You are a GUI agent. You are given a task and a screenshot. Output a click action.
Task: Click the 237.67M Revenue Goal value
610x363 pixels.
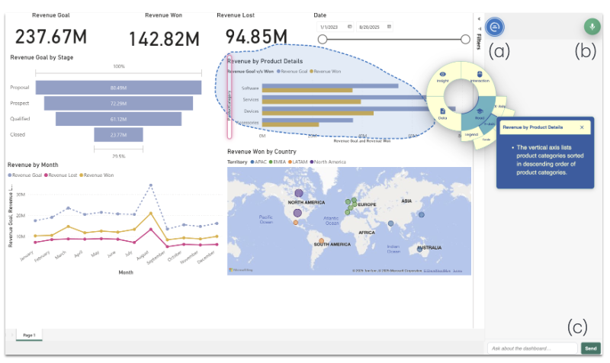tap(52, 36)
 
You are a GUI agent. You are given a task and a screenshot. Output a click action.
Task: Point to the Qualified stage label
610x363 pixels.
tap(20, 119)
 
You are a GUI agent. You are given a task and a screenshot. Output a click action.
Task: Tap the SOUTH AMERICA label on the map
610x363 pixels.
tap(329, 244)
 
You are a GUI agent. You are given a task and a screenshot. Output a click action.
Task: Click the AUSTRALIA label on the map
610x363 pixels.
tap(431, 249)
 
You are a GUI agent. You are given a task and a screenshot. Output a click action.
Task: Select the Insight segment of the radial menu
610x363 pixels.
tap(443, 77)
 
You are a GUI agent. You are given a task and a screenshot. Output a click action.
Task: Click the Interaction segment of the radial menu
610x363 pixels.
tap(480, 77)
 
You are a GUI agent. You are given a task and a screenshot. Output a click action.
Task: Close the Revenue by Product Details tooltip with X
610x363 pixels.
tap(582, 127)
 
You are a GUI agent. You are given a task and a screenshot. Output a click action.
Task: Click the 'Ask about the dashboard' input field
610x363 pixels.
tap(532, 349)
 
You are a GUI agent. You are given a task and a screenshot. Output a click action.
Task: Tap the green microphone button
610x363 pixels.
tap(591, 26)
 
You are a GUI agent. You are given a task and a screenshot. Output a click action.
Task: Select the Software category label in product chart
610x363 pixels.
tap(250, 89)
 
